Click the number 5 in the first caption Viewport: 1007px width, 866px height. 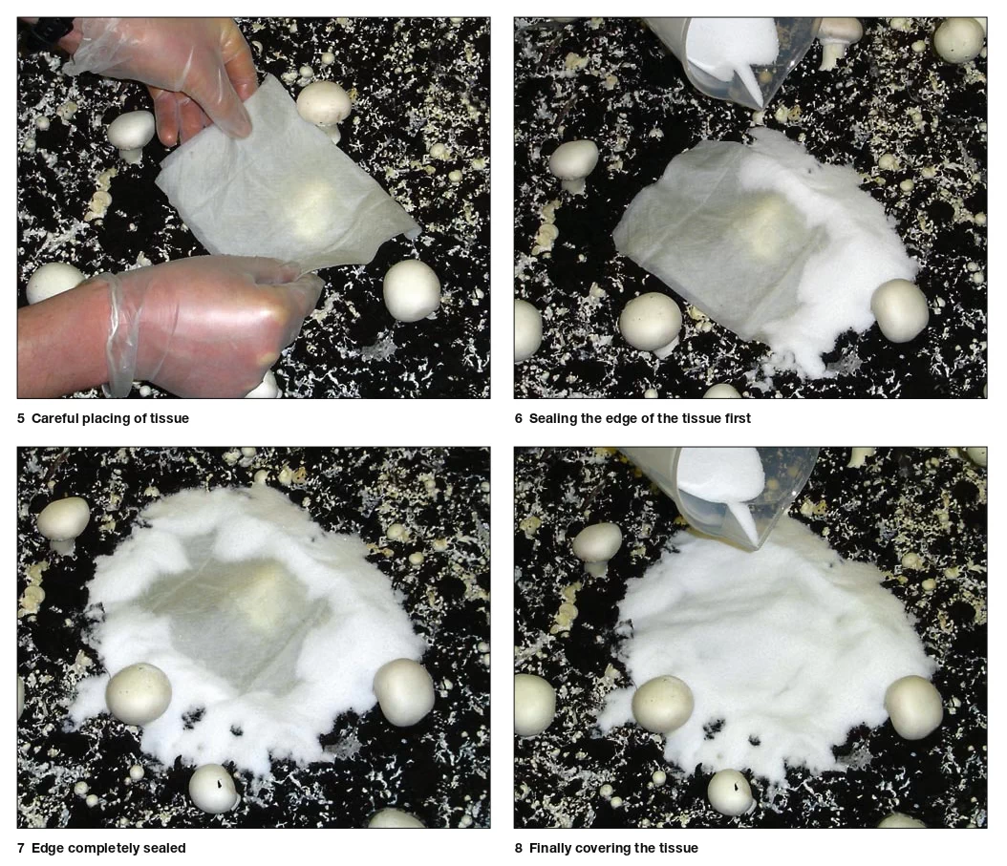[x=21, y=418]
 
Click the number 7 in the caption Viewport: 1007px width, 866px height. [x=21, y=848]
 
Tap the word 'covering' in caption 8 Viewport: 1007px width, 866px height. [x=603, y=849]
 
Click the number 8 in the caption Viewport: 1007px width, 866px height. [x=518, y=848]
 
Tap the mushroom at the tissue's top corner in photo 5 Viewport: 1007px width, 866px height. [x=324, y=105]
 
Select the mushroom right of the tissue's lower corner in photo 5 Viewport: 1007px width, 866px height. [x=412, y=290]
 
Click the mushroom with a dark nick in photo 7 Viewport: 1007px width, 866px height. [x=213, y=789]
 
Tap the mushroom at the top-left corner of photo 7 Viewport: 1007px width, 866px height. [x=63, y=521]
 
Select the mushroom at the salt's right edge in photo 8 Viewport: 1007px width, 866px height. [x=913, y=707]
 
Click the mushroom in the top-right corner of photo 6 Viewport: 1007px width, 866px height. [x=958, y=40]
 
